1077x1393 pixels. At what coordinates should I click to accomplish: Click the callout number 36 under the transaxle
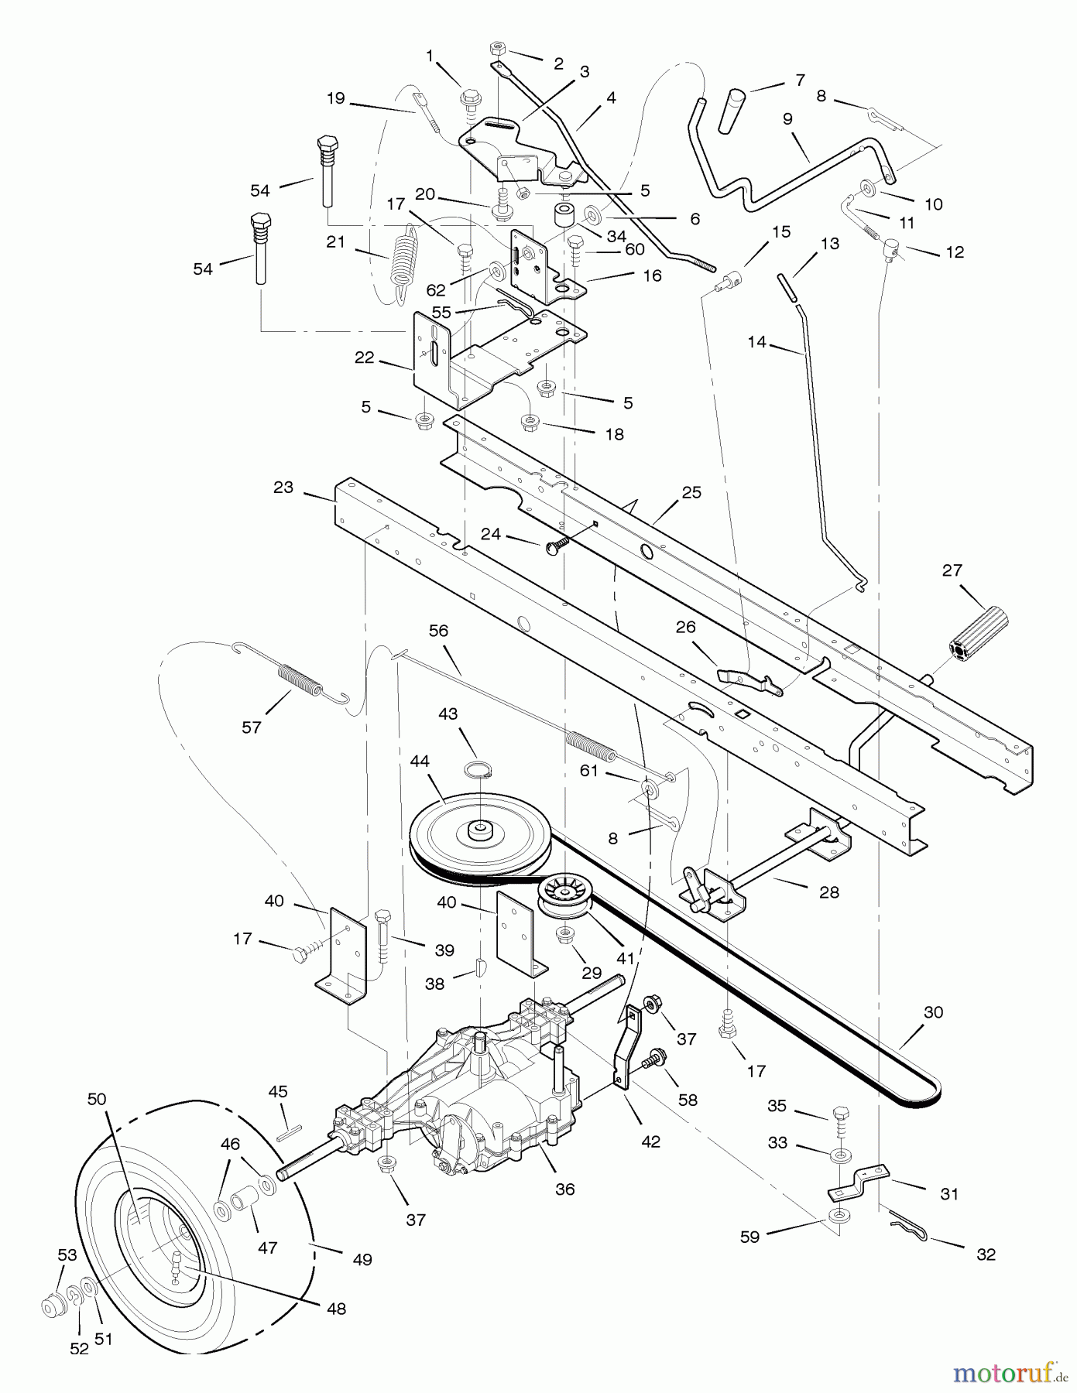(564, 1189)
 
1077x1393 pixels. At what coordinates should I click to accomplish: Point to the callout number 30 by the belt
(934, 1012)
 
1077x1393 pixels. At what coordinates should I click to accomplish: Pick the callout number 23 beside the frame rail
(283, 487)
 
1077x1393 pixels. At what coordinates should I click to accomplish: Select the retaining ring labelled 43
(478, 769)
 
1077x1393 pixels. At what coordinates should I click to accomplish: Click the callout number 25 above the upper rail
(691, 492)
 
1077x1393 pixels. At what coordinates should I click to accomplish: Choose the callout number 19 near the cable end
(335, 98)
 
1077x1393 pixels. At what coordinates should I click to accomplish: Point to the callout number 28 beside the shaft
(828, 892)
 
